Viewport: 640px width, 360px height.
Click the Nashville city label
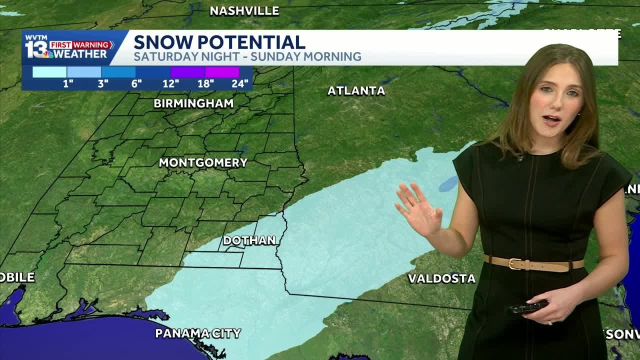point(244,10)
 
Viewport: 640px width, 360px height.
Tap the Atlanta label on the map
point(356,91)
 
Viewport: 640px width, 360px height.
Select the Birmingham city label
point(193,103)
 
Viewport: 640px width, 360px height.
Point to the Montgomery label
point(203,162)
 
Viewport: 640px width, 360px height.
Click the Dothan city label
point(249,240)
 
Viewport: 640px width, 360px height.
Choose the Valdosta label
point(441,278)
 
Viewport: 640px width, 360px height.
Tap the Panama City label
point(198,333)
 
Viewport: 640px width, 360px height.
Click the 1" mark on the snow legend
point(68,83)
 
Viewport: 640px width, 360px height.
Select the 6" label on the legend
point(136,83)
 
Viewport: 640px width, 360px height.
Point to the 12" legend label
point(170,83)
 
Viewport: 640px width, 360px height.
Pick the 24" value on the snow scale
point(240,83)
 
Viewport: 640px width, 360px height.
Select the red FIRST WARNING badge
point(81,44)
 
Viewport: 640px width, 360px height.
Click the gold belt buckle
point(515,263)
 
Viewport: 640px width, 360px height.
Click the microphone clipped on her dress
point(521,158)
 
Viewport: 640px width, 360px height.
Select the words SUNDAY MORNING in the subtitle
point(306,56)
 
